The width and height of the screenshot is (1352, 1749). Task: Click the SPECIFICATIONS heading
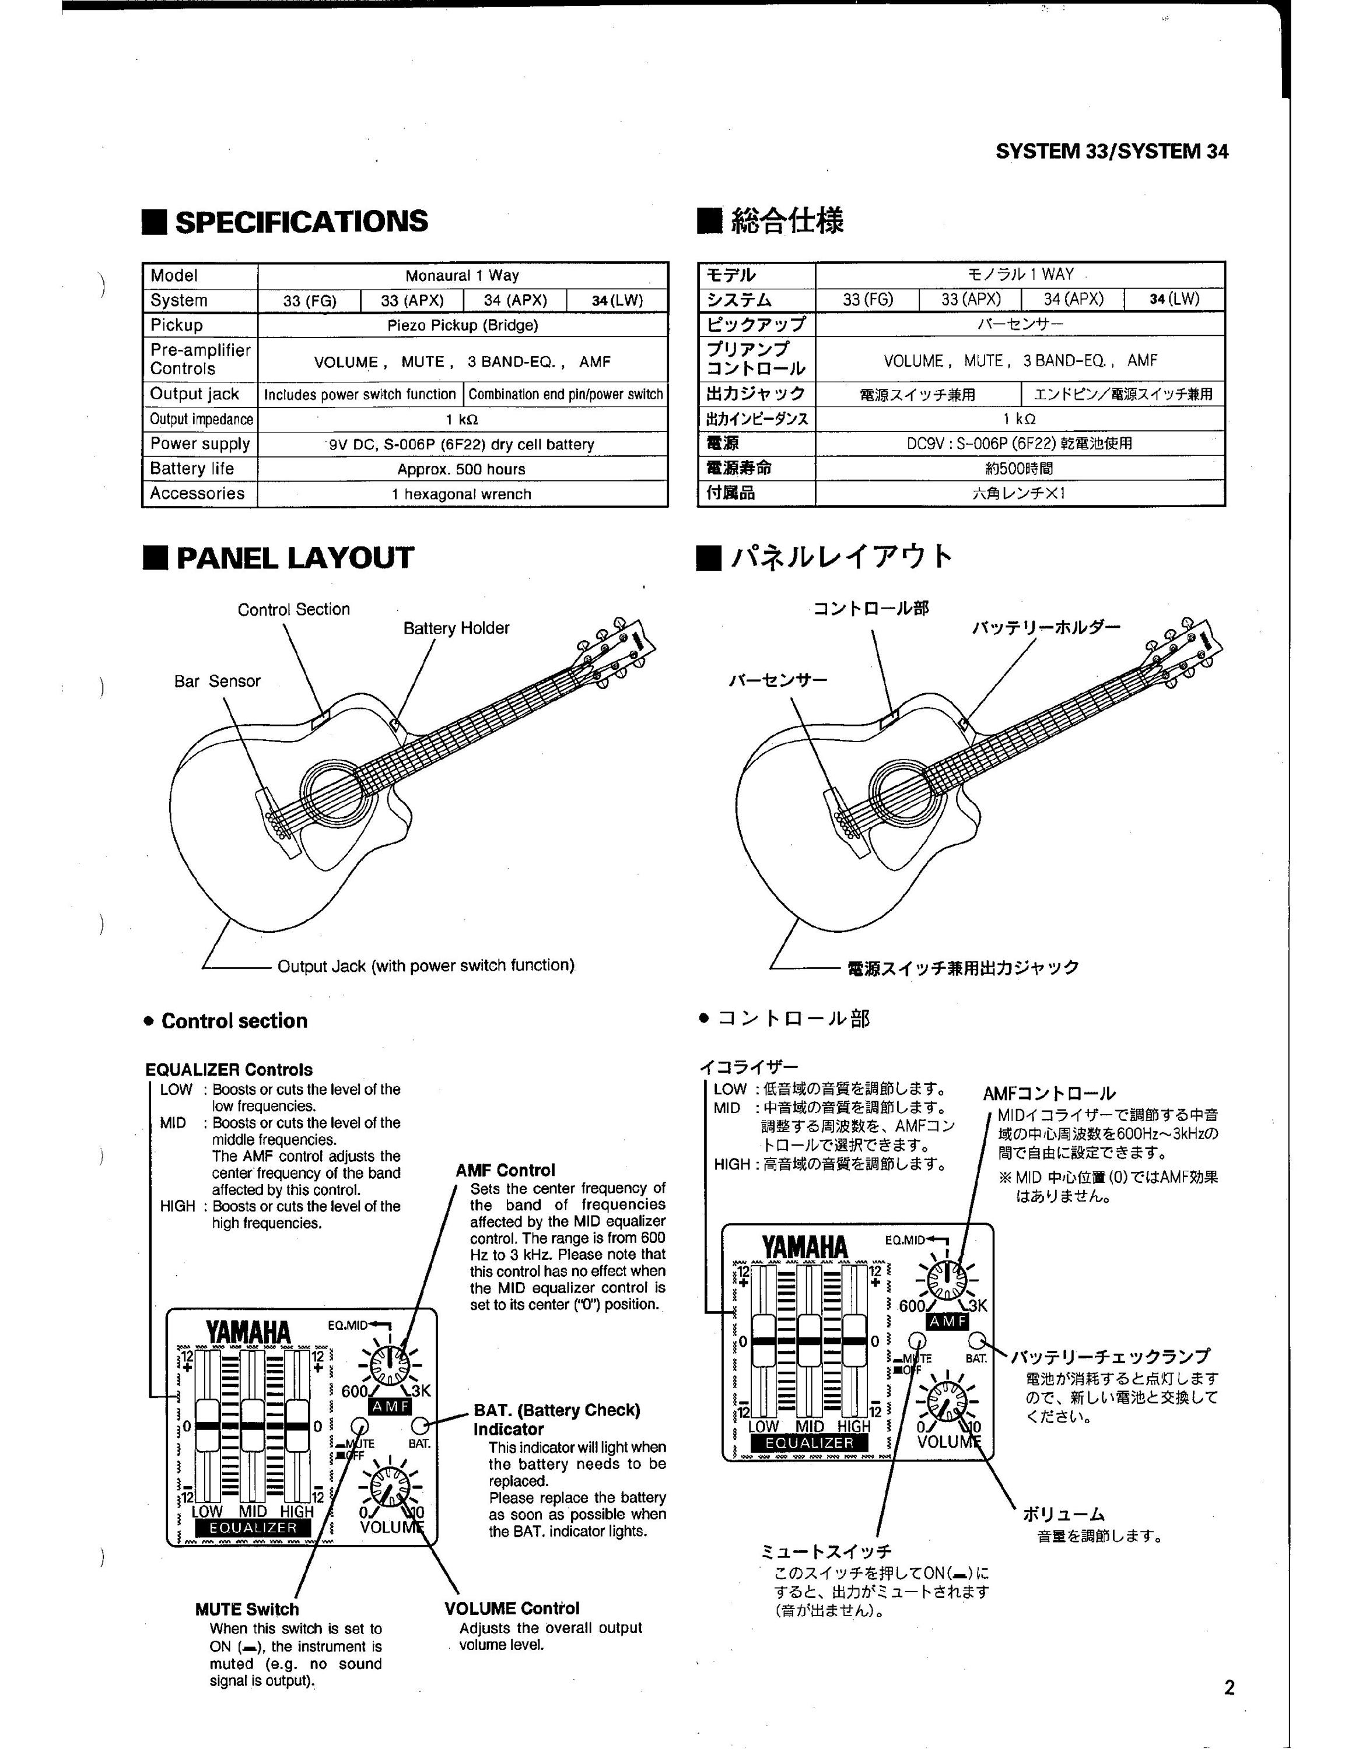pos(285,221)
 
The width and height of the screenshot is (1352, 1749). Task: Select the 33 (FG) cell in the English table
pos(309,300)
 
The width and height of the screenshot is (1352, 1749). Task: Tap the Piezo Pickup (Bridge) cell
pos(463,325)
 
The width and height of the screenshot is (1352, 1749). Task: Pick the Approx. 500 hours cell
pos(463,469)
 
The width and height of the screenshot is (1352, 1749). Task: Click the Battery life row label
pos(192,469)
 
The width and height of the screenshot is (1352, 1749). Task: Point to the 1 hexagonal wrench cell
pos(463,494)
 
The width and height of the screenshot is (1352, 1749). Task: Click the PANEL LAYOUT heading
pos(278,557)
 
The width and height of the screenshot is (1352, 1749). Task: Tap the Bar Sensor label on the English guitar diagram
pos(217,682)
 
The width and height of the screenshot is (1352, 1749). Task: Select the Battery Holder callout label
pos(456,628)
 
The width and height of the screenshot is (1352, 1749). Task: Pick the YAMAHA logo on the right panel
pos(804,1248)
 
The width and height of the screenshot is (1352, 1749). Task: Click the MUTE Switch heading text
pos(247,1610)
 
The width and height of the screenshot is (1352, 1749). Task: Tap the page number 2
pos(1230,1688)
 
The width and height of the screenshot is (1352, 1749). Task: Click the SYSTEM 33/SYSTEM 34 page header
pos(1112,152)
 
